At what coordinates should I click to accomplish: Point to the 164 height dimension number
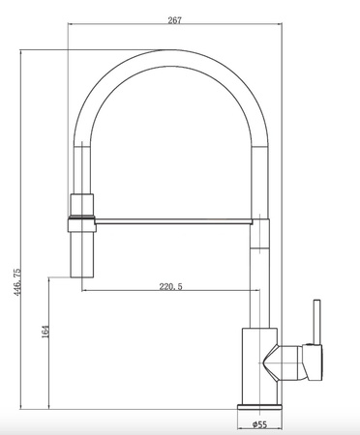45,332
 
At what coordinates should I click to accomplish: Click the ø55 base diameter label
259,423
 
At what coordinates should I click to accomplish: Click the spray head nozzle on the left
81,246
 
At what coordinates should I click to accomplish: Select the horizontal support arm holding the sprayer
174,219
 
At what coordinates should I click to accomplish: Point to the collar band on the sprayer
81,220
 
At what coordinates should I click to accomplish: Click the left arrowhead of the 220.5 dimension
84,292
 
